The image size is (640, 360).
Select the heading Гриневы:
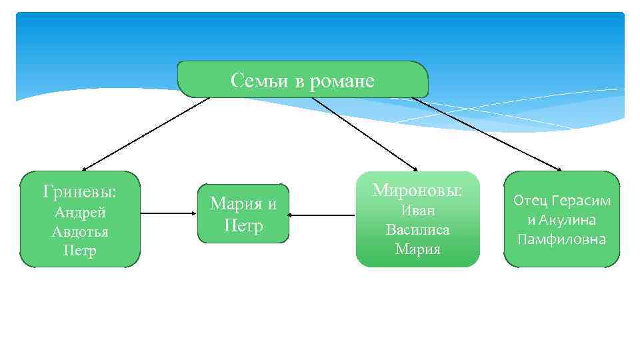tap(79, 192)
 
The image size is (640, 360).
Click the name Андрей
tap(80, 213)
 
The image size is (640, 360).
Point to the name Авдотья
tap(80, 232)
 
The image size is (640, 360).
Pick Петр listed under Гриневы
tap(80, 251)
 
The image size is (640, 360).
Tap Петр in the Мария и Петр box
tap(243, 225)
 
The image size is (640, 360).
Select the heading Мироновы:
tap(417, 190)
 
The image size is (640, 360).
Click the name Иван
tap(418, 211)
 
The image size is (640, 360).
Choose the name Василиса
tap(418, 230)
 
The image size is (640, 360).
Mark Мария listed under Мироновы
tap(418, 249)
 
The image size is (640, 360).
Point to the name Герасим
tap(582, 201)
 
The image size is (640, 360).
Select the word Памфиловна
tap(561, 239)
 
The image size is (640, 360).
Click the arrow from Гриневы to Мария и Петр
tap(169, 214)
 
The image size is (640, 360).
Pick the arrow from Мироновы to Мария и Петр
tap(323, 215)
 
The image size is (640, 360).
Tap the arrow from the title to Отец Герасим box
tap(487, 134)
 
